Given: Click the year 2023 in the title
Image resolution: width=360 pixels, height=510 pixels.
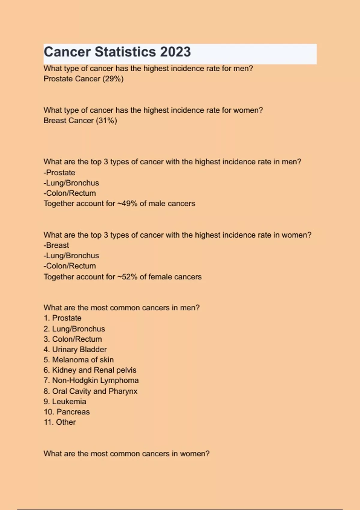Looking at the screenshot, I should tap(175, 52).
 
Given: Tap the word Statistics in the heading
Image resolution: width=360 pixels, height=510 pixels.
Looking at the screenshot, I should tap(125, 52).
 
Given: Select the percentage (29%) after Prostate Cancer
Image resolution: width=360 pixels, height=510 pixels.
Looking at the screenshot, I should tap(113, 79).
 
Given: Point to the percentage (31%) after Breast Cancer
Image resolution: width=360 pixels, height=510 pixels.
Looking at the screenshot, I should tap(106, 121).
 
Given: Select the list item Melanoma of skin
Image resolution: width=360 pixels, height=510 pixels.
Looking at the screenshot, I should tap(79, 360).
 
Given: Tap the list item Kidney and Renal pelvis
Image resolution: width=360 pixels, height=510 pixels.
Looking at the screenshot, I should tap(90, 370).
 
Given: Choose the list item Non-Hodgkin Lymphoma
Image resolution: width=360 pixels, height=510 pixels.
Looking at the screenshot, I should tap(91, 380).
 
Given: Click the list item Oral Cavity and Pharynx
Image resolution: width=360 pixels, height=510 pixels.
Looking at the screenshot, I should tap(91, 391).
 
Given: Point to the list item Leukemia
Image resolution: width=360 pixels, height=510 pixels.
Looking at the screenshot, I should tap(65, 401).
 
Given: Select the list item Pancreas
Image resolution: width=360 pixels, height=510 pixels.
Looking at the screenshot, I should tap(67, 412).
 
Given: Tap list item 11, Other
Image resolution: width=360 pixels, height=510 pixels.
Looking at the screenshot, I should tap(60, 422).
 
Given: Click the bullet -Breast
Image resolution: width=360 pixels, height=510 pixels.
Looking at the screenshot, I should tap(56, 245).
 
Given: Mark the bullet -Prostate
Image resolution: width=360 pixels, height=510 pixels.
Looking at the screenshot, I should tap(59, 173).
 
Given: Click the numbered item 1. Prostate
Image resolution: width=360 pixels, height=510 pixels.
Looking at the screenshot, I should tap(62, 318).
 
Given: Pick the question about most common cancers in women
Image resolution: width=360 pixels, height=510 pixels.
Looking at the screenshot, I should tap(126, 454).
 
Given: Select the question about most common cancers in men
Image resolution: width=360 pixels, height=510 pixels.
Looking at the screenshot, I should tap(121, 308).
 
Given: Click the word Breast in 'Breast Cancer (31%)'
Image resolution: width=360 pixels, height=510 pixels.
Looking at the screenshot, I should tap(55, 121).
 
